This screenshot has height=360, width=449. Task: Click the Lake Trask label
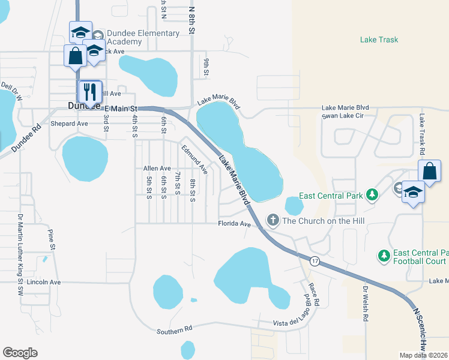pyautogui.click(x=379, y=40)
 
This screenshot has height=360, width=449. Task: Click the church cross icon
pyautogui.click(x=273, y=220)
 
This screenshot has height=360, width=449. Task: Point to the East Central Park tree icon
pyautogui.click(x=372, y=195)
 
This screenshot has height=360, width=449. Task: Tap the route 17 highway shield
pyautogui.click(x=314, y=261)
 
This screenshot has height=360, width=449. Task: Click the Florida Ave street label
pyautogui.click(x=234, y=224)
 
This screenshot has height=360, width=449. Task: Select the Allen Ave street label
pyautogui.click(x=157, y=169)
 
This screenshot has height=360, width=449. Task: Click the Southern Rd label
pyautogui.click(x=174, y=329)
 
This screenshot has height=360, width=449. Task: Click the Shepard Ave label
pyautogui.click(x=69, y=124)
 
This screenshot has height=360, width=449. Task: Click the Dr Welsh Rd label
pyautogui.click(x=365, y=303)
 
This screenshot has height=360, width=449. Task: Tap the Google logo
pyautogui.click(x=20, y=353)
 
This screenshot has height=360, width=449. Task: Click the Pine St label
pyautogui.click(x=52, y=239)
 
